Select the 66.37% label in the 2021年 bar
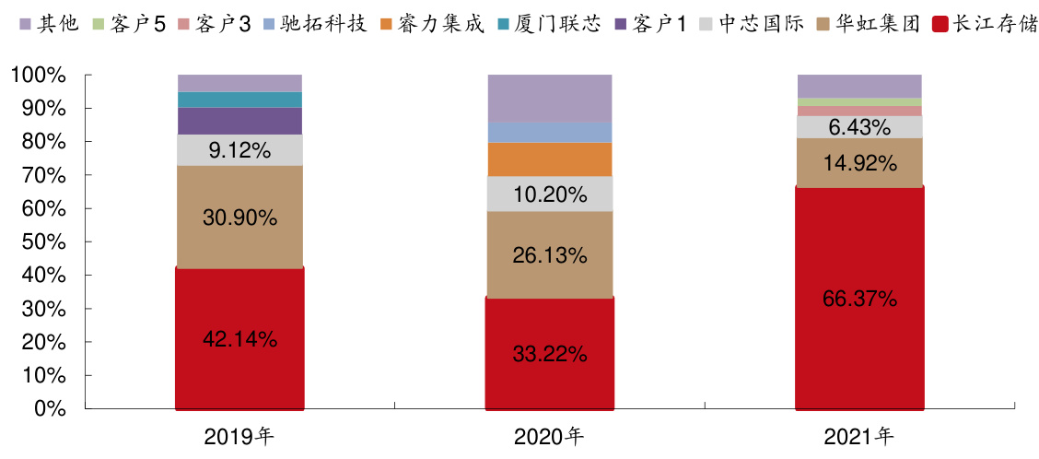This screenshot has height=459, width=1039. click(x=859, y=299)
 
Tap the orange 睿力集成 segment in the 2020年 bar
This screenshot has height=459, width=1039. click(x=549, y=159)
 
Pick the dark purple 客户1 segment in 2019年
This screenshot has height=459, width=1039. click(x=239, y=121)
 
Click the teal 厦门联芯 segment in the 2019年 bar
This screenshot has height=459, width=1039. click(x=239, y=100)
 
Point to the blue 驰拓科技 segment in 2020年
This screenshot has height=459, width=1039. click(x=549, y=133)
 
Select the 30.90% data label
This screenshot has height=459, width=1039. click(x=239, y=218)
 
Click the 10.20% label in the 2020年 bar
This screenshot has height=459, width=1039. click(x=549, y=194)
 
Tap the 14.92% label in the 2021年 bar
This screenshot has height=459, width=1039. click(x=859, y=164)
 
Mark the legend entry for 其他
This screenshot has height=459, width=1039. click(x=49, y=22)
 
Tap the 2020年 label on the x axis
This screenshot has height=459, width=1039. click(x=549, y=435)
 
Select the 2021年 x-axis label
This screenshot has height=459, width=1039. click(x=859, y=435)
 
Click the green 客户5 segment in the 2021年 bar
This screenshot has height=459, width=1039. click(x=859, y=101)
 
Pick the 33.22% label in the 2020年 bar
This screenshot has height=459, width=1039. click(x=549, y=354)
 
